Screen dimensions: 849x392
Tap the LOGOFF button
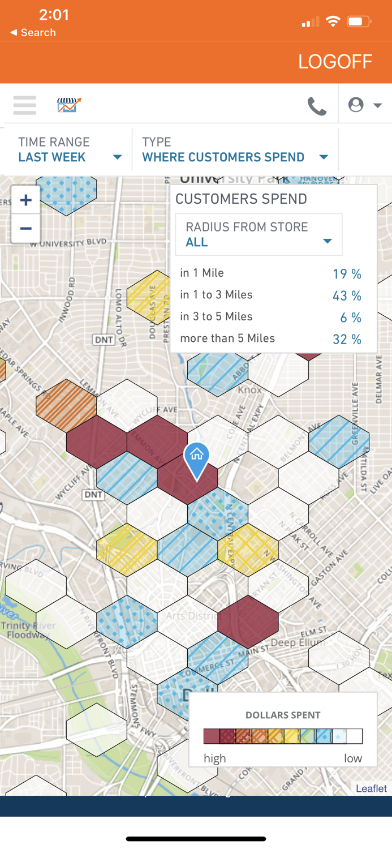click(x=335, y=62)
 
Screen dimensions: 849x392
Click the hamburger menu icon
click(x=25, y=105)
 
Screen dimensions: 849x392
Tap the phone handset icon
click(x=317, y=106)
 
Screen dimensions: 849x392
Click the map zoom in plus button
click(x=25, y=200)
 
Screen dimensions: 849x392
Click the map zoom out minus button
click(x=25, y=229)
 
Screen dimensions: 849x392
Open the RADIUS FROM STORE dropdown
click(x=259, y=235)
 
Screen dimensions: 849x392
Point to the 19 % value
click(x=347, y=275)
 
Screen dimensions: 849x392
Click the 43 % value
click(x=347, y=296)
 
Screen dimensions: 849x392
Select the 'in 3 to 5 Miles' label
click(x=216, y=317)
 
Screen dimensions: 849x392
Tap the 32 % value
click(x=347, y=340)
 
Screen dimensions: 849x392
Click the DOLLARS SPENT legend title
click(x=283, y=715)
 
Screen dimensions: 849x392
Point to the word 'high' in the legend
click(x=215, y=758)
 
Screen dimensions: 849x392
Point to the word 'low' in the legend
click(x=353, y=758)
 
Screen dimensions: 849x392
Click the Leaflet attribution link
click(x=371, y=788)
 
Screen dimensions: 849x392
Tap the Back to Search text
click(x=33, y=33)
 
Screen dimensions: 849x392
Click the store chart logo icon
click(x=69, y=105)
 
